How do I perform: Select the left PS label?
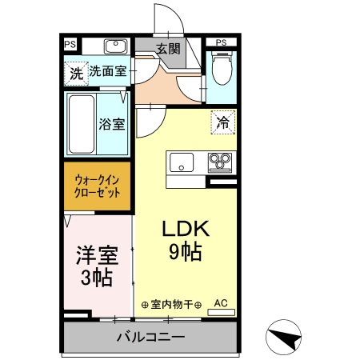click(70, 43)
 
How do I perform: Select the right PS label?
click(222, 42)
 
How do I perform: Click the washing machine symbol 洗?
click(76, 73)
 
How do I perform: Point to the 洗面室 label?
click(107, 72)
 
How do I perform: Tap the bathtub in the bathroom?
click(79, 124)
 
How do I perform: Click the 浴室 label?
click(112, 125)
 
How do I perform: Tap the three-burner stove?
click(219, 163)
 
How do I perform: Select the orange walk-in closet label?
click(98, 186)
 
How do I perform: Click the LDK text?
click(186, 229)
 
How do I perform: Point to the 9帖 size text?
click(185, 251)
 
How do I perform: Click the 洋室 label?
click(97, 256)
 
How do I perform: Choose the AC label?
click(221, 303)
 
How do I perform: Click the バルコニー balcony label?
click(150, 336)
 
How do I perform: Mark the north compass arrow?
click(282, 337)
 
